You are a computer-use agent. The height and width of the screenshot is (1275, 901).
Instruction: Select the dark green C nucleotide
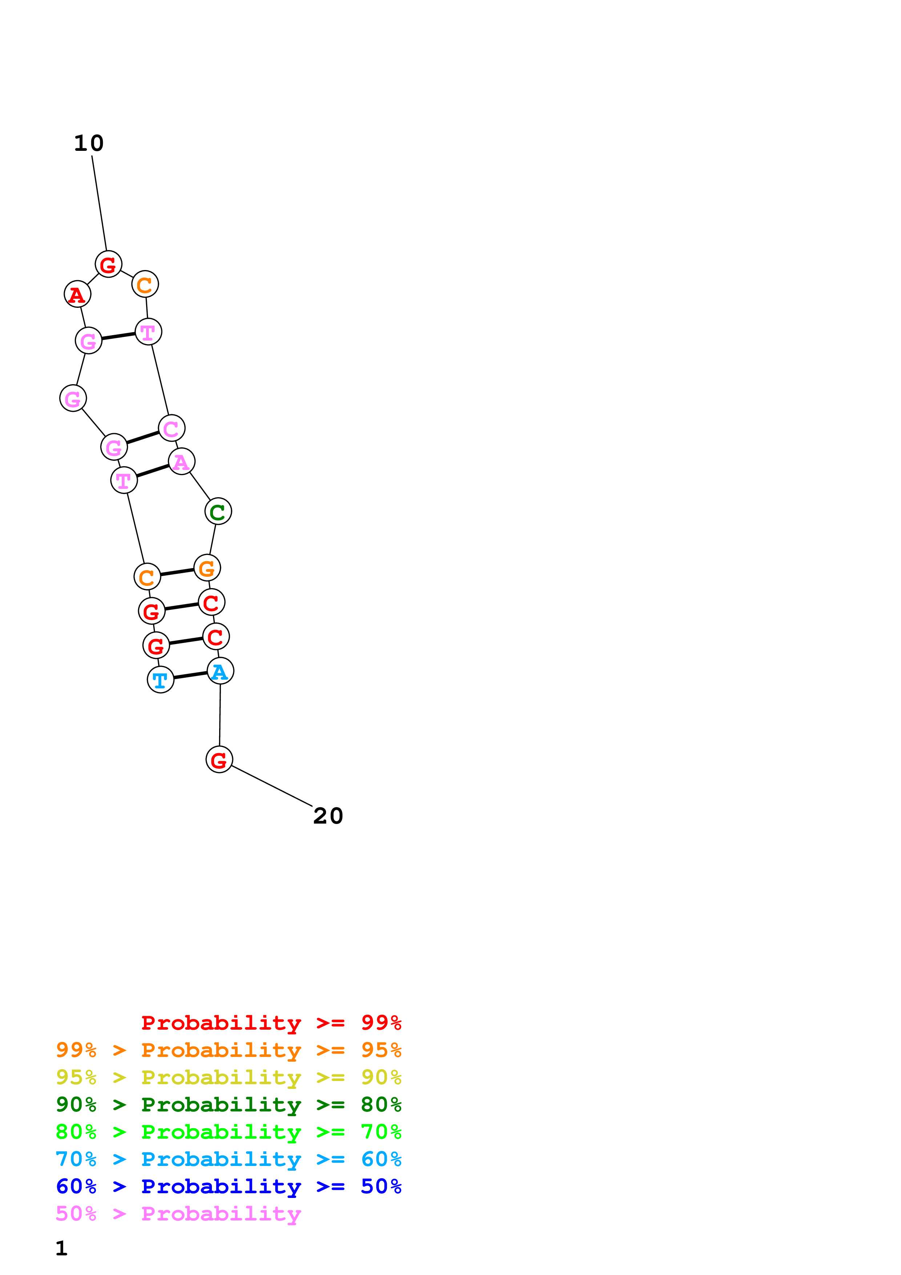click(218, 511)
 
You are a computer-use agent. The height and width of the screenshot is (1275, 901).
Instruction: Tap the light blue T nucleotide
click(160, 679)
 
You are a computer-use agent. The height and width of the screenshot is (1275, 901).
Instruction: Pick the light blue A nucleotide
click(220, 671)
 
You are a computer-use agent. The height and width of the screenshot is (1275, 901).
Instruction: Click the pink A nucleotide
click(181, 462)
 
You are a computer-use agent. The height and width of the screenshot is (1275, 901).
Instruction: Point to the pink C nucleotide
click(172, 428)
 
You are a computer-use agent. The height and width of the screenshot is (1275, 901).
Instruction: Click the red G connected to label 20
click(219, 759)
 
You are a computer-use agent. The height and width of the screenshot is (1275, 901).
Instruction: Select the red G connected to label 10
click(108, 264)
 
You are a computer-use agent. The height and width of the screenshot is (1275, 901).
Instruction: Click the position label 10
click(89, 143)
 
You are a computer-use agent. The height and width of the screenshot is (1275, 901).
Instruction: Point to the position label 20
click(328, 816)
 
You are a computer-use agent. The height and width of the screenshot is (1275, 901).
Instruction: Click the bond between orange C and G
click(177, 572)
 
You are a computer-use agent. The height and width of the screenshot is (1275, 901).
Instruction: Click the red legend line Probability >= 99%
click(271, 1022)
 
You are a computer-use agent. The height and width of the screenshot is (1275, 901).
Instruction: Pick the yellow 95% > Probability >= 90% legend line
click(228, 1077)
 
